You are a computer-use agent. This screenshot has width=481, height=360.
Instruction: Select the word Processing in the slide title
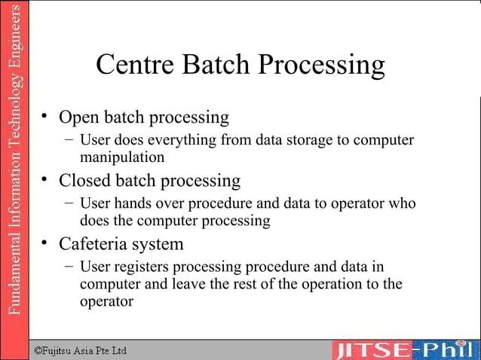321,66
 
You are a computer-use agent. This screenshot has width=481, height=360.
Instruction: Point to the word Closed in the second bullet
84,181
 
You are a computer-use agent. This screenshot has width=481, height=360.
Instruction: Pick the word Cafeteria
96,244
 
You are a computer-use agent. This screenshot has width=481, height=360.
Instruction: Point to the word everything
180,141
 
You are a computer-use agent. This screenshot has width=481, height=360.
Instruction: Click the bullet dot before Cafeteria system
45,243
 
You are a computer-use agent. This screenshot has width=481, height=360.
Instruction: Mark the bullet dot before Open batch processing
45,116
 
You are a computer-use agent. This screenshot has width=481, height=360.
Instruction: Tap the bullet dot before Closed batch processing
45,179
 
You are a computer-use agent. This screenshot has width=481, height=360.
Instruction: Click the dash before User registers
69,267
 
